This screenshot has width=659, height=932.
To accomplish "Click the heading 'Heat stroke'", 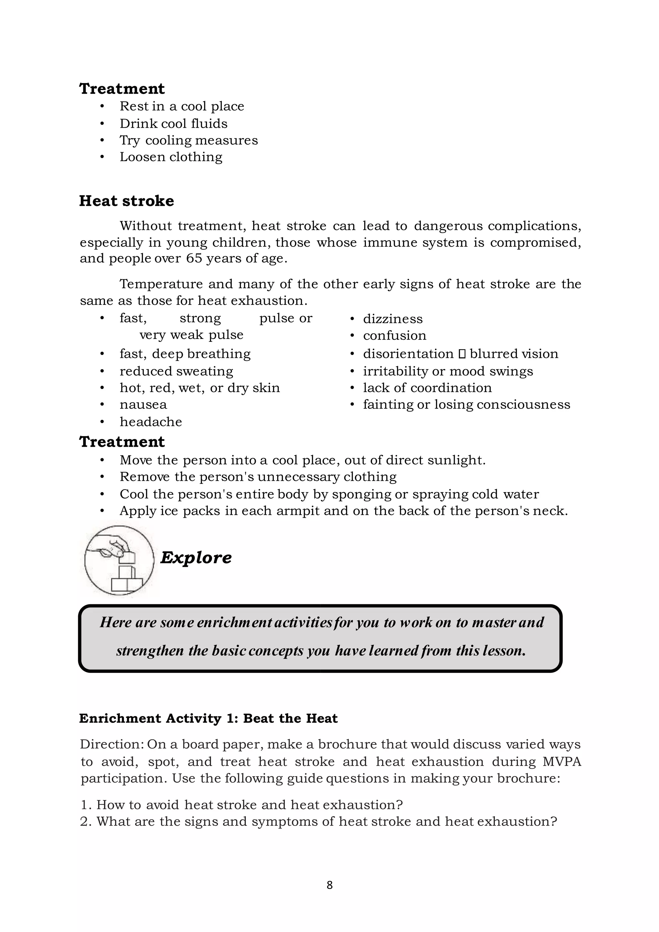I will pyautogui.click(x=126, y=201).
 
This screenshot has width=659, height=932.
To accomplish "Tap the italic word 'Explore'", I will pyautogui.click(x=196, y=557).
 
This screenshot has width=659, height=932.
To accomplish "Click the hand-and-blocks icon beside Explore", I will pyautogui.click(x=119, y=560).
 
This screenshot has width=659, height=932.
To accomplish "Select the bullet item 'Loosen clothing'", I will pyautogui.click(x=171, y=157).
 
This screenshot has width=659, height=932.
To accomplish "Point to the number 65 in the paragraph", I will pyautogui.click(x=194, y=258).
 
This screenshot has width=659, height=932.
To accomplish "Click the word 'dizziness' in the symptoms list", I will pyautogui.click(x=392, y=319).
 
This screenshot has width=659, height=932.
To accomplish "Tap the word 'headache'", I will pyautogui.click(x=151, y=422).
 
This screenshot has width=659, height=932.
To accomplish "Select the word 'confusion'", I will pyautogui.click(x=394, y=335).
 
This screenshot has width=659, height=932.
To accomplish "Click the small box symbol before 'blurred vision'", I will pyautogui.click(x=462, y=354).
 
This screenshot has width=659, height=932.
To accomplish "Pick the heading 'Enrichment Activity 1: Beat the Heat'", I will pyautogui.click(x=208, y=719).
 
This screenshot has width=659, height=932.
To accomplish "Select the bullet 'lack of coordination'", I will pyautogui.click(x=427, y=388).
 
